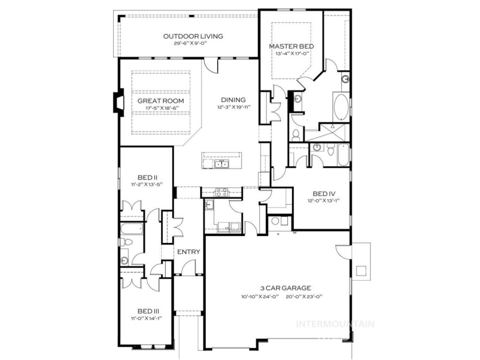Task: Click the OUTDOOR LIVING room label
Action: (193, 36)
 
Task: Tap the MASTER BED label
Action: (291, 46)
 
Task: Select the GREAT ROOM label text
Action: (161, 101)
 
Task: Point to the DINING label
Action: (233, 100)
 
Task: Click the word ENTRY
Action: (189, 252)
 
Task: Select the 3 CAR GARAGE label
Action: (286, 288)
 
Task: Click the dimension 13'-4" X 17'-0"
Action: (291, 53)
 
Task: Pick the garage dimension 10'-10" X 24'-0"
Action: (259, 297)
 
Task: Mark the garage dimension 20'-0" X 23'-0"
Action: (305, 297)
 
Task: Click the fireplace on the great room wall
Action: (119, 102)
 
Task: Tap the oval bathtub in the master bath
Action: (341, 107)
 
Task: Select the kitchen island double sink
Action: (222, 165)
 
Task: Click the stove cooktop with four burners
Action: (222, 192)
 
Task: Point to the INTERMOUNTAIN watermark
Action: (335, 324)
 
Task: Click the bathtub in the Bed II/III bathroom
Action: (131, 229)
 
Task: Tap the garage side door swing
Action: (343, 251)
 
